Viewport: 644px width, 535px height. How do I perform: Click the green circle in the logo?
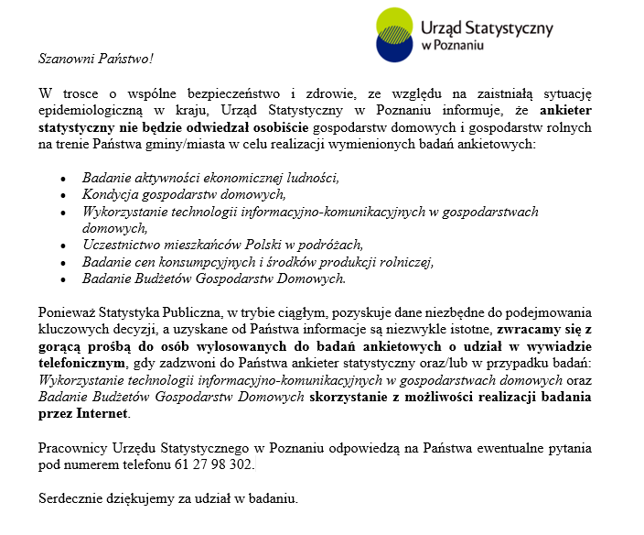pos(394,22)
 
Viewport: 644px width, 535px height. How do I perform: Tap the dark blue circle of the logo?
pos(394,47)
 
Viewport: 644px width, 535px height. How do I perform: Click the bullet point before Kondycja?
pos(62,195)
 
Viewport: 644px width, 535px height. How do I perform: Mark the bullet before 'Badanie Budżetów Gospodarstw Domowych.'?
pos(62,278)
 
